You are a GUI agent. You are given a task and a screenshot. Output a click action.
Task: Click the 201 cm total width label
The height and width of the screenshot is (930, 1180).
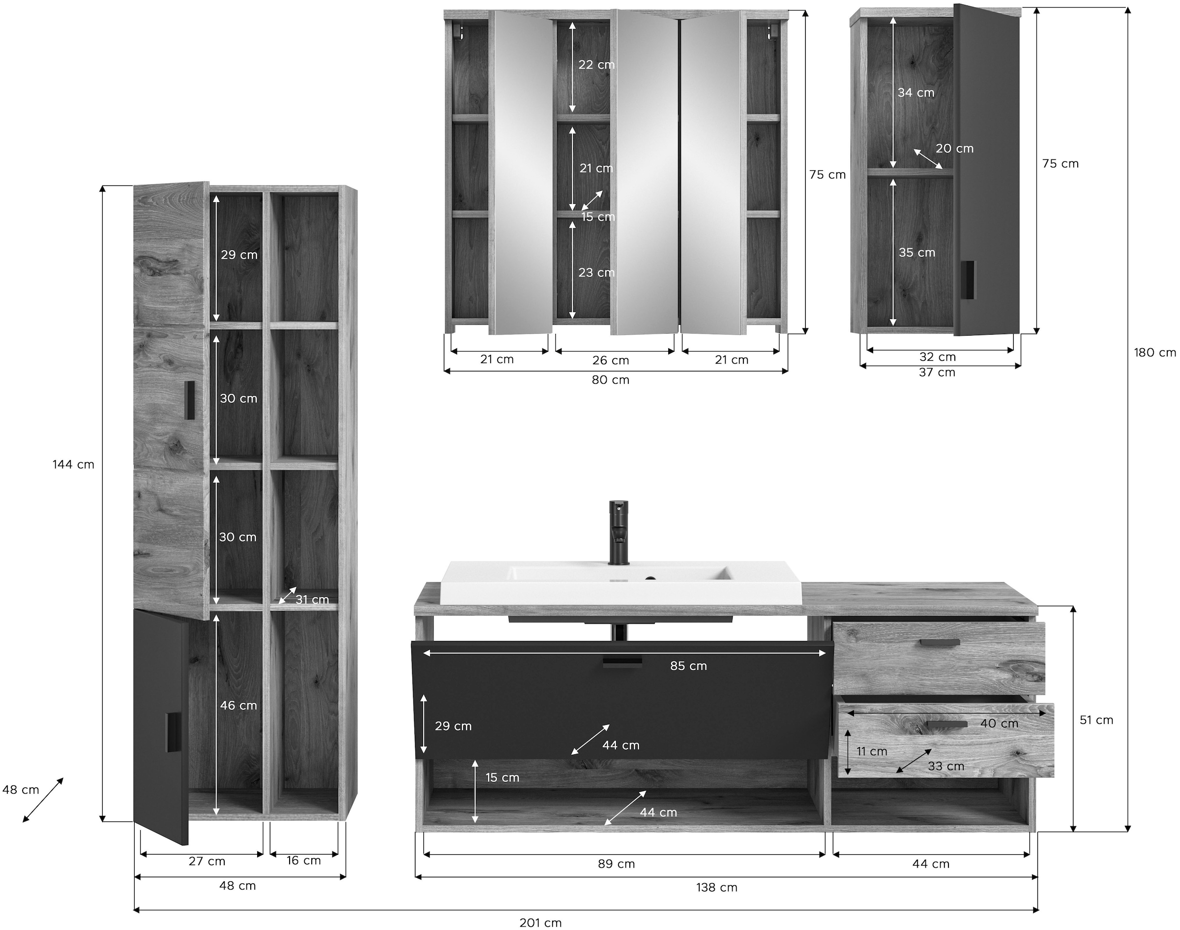[x=540, y=923]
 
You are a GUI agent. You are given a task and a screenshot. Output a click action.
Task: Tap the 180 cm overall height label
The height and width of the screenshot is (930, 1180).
[x=1154, y=352]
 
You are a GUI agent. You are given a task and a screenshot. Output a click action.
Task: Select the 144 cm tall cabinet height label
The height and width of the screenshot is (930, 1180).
[x=73, y=465]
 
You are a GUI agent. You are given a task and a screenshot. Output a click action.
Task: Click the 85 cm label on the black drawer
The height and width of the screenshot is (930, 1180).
[x=688, y=665]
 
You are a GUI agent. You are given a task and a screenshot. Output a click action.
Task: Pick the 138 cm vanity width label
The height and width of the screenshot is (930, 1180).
[x=716, y=888]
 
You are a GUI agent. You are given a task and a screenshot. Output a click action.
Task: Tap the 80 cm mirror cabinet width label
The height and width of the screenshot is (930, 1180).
[x=610, y=380]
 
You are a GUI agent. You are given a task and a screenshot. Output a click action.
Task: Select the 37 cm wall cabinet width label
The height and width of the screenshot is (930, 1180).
[x=937, y=372]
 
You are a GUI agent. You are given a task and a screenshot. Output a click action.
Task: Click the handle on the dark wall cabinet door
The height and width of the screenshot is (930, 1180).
[x=968, y=280]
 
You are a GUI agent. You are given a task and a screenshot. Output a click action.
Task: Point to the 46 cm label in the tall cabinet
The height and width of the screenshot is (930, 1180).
[x=238, y=705]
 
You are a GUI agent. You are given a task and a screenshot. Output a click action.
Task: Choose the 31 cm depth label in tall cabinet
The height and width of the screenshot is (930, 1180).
[x=312, y=599]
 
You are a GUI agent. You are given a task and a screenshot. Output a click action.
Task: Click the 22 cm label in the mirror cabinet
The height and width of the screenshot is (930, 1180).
[x=596, y=64]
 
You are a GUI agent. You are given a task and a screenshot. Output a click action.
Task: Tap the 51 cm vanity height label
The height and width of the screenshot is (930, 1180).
[x=1096, y=720]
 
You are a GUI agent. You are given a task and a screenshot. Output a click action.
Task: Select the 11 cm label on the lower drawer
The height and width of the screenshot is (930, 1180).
[x=872, y=751]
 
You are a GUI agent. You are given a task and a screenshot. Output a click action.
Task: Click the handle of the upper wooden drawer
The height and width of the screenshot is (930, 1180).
[x=940, y=643]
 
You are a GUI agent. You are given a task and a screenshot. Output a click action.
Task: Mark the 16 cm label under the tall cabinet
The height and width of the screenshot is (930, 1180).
[x=303, y=860]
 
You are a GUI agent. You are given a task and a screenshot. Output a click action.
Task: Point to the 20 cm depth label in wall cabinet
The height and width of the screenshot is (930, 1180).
[x=954, y=148]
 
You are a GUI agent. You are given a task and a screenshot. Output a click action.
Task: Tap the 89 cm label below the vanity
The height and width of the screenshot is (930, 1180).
[x=616, y=864]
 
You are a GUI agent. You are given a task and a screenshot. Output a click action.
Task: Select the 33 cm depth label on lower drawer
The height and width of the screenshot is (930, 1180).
[x=945, y=766]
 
